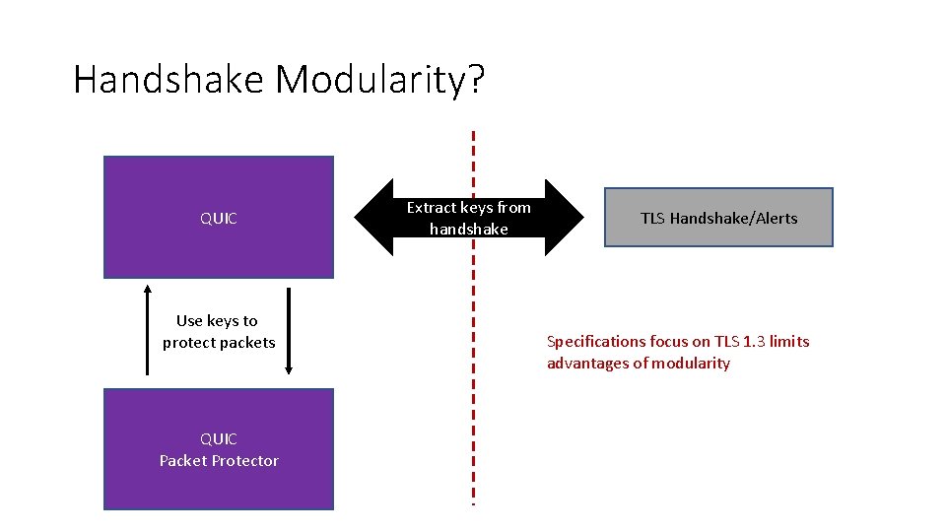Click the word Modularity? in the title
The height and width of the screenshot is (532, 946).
(x=380, y=80)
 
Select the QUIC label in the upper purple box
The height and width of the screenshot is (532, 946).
(x=219, y=219)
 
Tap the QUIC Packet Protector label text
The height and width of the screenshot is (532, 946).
(x=219, y=450)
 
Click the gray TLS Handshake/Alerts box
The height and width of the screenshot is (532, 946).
(x=718, y=218)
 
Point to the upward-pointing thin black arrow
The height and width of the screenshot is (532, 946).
(x=148, y=330)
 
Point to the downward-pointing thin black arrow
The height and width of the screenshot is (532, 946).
(x=288, y=330)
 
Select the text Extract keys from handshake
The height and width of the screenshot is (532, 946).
(x=469, y=218)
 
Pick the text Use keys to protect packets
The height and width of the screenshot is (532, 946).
(x=218, y=331)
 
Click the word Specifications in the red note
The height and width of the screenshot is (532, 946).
(x=595, y=342)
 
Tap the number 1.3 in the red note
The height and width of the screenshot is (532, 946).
(x=754, y=342)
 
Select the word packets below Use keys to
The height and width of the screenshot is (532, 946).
(x=247, y=343)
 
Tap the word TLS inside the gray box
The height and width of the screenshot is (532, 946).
(x=652, y=219)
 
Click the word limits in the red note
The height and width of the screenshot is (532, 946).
(x=789, y=342)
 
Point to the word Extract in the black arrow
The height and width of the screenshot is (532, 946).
(x=432, y=208)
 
